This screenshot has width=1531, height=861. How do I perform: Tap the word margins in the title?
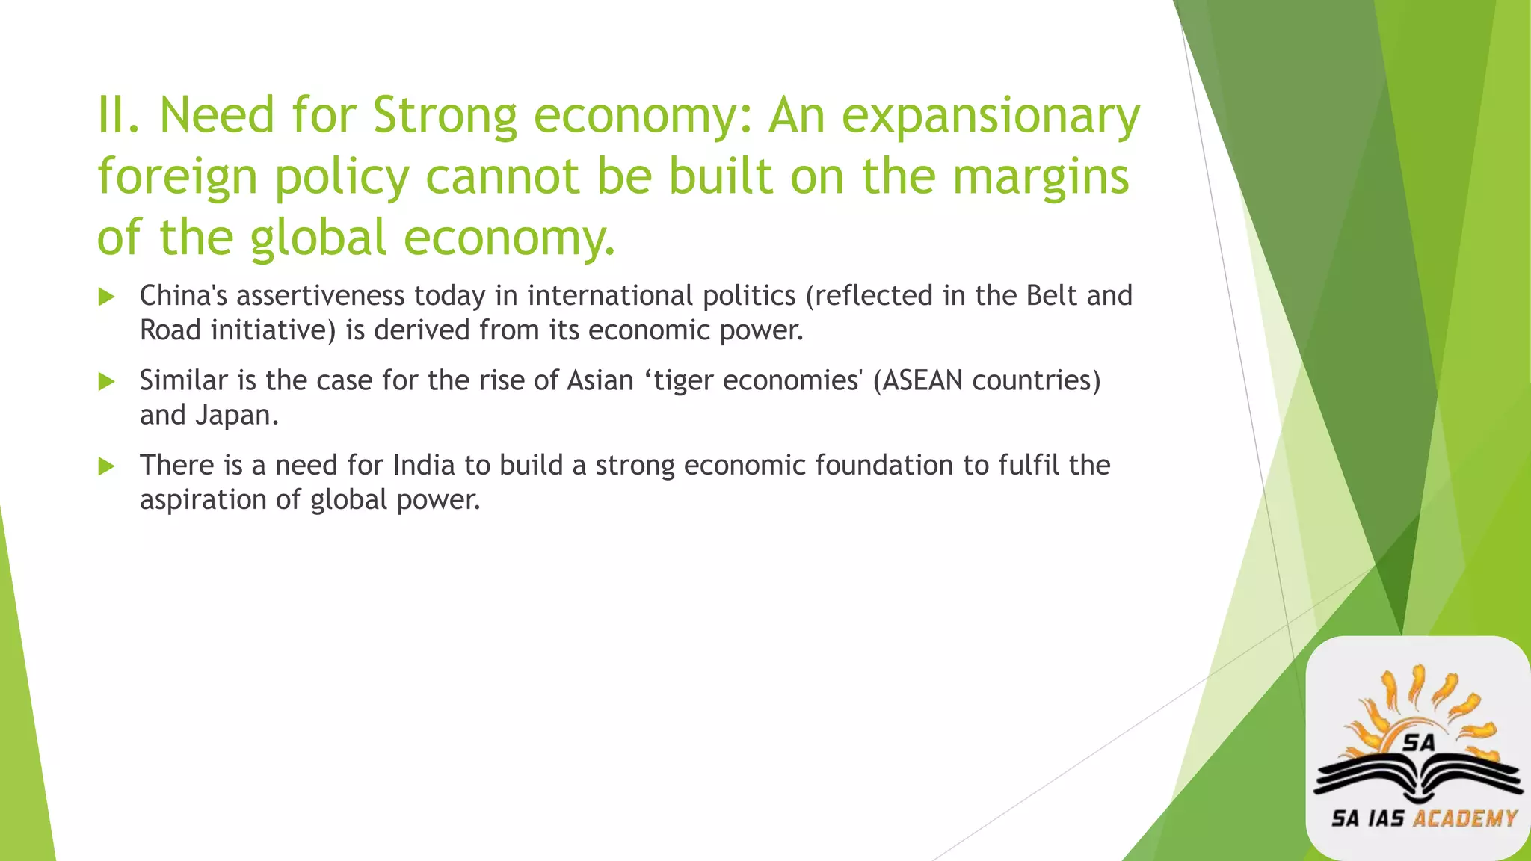[1041, 176]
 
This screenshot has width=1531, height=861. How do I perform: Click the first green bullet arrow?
[106, 297]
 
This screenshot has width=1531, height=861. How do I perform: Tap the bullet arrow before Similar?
[106, 382]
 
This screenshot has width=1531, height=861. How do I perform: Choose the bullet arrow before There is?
[106, 466]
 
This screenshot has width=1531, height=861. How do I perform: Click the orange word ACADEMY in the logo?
[1465, 819]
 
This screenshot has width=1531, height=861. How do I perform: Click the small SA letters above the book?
[1418, 742]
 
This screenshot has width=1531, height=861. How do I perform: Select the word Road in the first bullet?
[170, 330]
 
